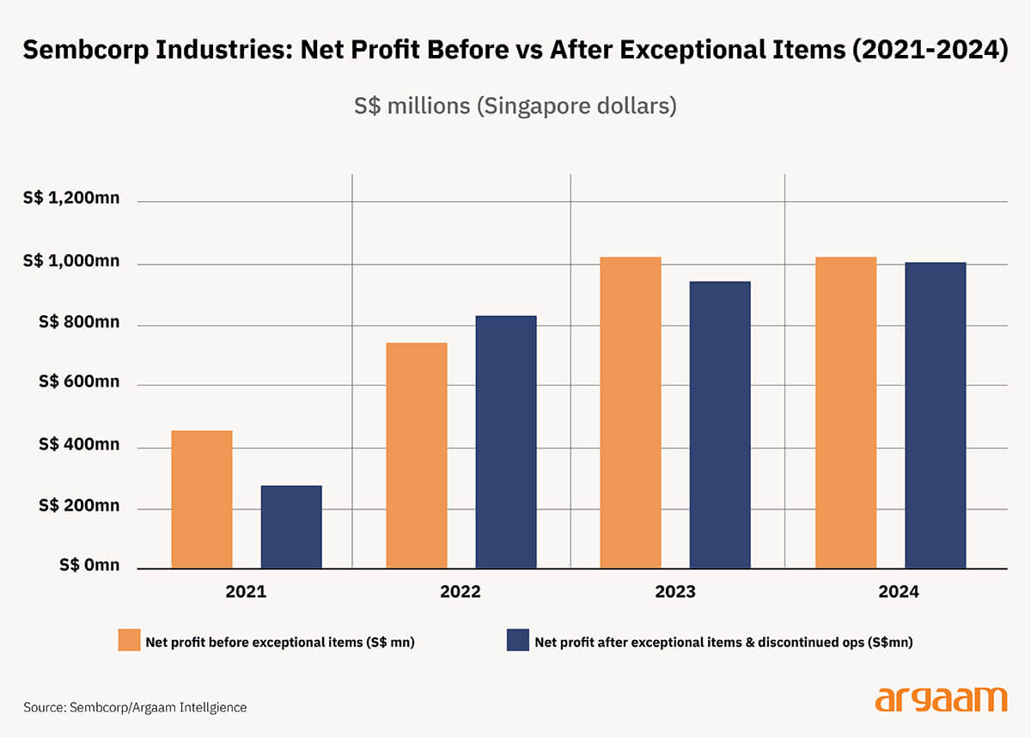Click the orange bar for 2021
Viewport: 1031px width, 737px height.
[202, 499]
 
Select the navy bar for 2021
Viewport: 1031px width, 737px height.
[291, 527]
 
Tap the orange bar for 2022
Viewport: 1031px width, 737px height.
[417, 455]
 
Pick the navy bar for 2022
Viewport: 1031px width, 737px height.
[506, 442]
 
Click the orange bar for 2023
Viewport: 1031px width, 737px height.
[631, 412]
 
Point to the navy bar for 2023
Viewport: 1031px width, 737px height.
[720, 424]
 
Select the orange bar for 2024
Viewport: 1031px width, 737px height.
[846, 412]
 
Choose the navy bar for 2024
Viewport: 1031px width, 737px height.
[936, 415]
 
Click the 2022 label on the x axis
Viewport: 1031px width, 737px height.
[461, 592]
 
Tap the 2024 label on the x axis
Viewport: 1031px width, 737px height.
[899, 592]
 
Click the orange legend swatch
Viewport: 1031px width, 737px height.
[130, 640]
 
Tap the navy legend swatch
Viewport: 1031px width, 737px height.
[517, 640]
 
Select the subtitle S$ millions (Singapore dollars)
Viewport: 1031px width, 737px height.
[515, 107]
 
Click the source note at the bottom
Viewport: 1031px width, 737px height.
[135, 707]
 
